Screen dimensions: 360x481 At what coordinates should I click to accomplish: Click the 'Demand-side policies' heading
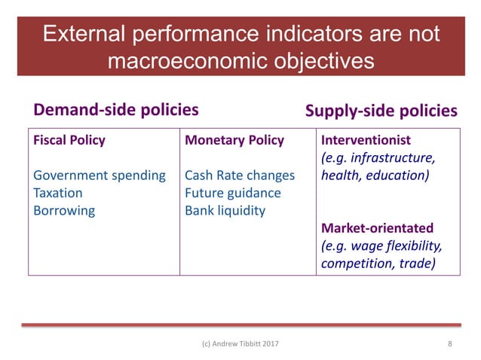tap(116, 110)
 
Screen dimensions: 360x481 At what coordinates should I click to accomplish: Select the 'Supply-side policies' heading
tap(381, 111)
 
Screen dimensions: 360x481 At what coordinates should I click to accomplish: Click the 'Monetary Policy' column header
tap(234, 140)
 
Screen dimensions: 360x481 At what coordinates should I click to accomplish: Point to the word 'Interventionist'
tap(366, 140)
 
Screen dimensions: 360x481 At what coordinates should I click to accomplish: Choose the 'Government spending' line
tap(100, 175)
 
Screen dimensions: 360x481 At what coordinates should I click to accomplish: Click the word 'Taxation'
tap(58, 193)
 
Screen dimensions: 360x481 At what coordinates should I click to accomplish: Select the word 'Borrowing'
tap(64, 210)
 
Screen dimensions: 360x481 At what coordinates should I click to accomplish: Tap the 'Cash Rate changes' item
tap(240, 175)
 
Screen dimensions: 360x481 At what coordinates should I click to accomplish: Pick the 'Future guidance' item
tap(232, 193)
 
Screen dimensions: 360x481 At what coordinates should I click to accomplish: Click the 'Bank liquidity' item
tap(225, 210)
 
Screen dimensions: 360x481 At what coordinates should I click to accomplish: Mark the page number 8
tap(450, 344)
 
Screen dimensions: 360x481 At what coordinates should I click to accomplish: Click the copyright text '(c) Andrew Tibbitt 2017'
tap(240, 344)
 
